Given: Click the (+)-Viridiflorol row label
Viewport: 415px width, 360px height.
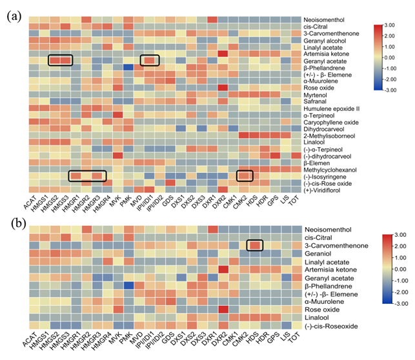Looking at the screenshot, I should click(327, 190).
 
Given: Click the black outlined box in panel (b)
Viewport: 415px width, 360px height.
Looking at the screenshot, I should click(255, 246).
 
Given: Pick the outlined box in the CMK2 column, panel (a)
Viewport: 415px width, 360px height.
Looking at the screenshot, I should click(245, 175).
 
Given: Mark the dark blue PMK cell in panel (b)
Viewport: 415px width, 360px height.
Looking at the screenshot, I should click(128, 285).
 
